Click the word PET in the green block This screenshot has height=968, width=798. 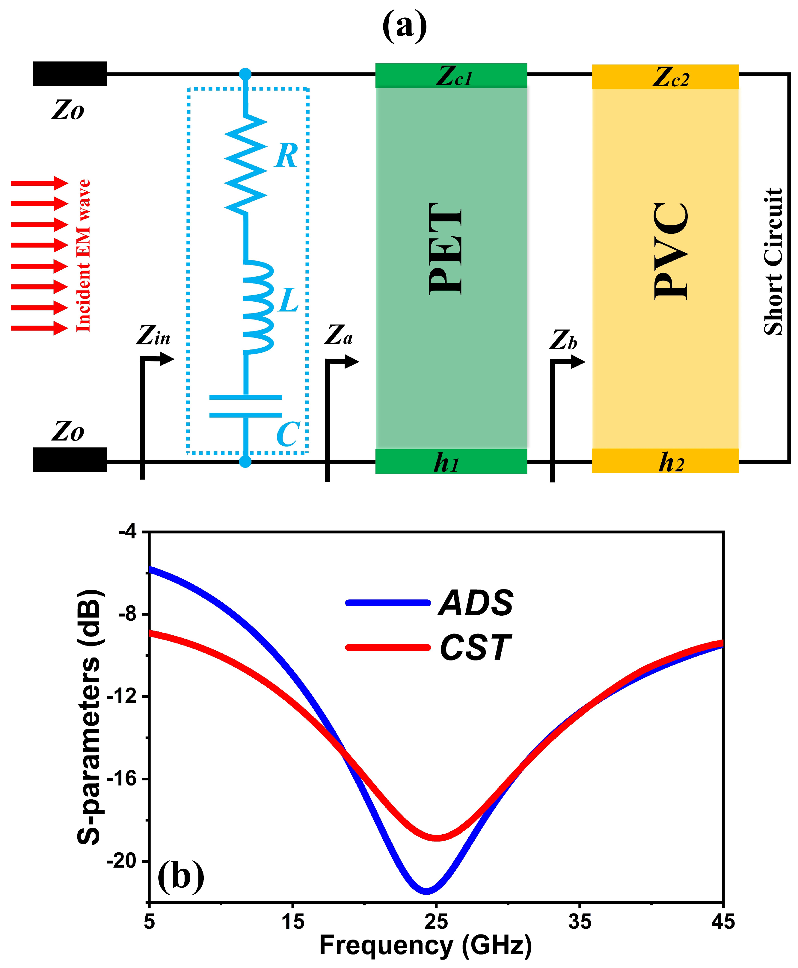[x=445, y=248]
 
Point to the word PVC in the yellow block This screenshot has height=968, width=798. [x=671, y=251]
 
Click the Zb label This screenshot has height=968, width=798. [x=563, y=340]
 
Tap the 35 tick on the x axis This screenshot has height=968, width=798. [x=580, y=921]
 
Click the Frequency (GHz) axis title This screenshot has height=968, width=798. [x=425, y=946]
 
